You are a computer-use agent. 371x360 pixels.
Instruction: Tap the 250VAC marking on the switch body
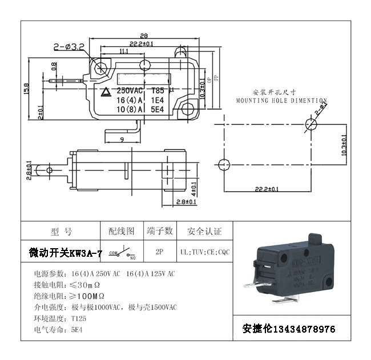[130, 90]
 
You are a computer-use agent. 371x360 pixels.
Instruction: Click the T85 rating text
[157, 90]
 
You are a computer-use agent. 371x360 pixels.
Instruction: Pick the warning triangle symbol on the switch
[106, 91]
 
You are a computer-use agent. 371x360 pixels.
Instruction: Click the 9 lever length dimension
[122, 139]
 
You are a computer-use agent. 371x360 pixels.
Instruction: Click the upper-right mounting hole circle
[312, 124]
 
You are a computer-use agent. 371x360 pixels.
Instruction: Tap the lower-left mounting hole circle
[224, 161]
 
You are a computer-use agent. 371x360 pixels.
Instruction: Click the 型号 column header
[61, 231]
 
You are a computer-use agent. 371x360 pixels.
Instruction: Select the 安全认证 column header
[204, 231]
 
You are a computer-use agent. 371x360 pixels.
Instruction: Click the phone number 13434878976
[305, 329]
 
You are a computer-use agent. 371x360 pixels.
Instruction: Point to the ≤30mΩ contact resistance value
[88, 284]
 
